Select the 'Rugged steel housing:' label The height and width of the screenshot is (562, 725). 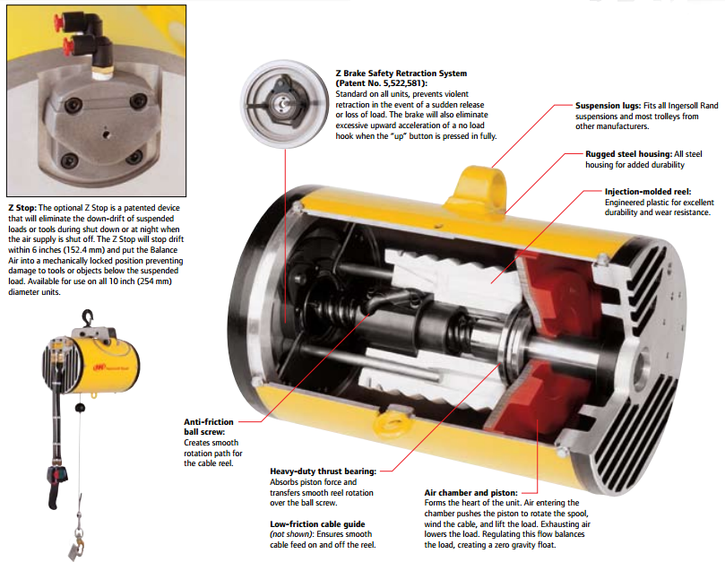(x=629, y=154)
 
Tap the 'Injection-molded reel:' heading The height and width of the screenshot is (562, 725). (x=648, y=192)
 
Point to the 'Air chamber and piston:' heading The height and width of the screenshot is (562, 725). (x=470, y=493)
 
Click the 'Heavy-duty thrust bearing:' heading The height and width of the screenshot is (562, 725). (x=324, y=471)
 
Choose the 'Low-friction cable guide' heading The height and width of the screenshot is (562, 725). (x=317, y=524)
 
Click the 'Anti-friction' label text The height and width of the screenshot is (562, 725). (x=209, y=422)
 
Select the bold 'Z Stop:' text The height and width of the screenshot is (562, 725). (x=22, y=208)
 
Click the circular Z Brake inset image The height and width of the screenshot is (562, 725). (x=284, y=104)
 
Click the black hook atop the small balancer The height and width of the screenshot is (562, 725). (x=88, y=317)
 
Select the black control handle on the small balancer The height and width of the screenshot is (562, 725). (x=56, y=487)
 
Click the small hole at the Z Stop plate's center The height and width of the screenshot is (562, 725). (x=107, y=135)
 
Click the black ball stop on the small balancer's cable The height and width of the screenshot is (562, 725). (x=80, y=408)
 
